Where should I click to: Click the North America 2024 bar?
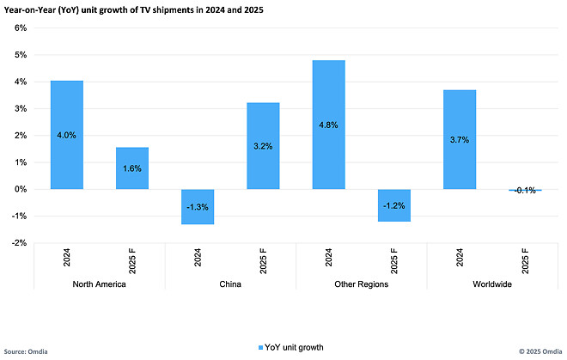67,135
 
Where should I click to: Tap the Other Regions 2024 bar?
329,125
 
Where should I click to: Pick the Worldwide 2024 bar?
460,139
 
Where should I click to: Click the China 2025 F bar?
264,146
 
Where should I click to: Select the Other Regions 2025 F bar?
394,205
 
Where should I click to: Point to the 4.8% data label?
329,125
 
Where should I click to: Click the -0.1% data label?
524,191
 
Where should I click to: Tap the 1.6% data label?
133,168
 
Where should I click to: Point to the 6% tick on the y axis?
21,27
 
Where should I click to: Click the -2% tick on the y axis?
19,243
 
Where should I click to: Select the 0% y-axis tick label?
21,189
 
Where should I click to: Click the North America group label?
100,284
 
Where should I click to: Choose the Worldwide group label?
491,284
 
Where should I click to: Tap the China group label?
230,284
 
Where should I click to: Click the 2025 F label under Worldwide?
525,260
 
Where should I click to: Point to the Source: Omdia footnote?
27,352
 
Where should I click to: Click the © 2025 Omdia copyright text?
538,352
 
